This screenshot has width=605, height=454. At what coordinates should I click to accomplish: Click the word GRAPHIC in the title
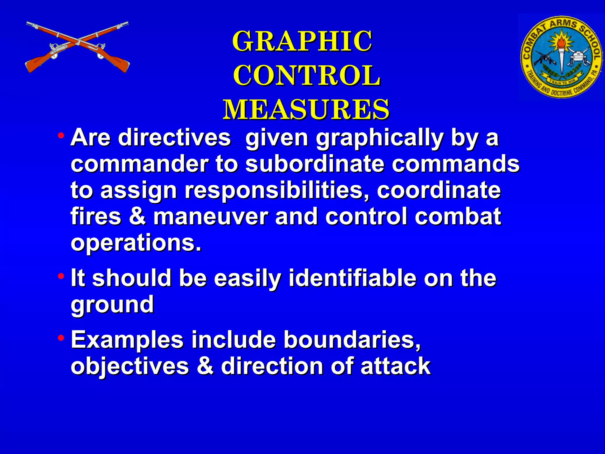302,41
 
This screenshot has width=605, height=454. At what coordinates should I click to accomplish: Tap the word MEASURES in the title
306,110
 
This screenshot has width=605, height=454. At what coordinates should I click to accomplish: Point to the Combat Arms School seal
561,57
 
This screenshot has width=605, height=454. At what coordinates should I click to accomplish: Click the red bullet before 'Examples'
61,338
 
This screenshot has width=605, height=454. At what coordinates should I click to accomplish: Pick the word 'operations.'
136,242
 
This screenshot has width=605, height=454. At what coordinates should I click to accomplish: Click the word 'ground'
112,304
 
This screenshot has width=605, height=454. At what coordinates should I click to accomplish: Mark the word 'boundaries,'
352,340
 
